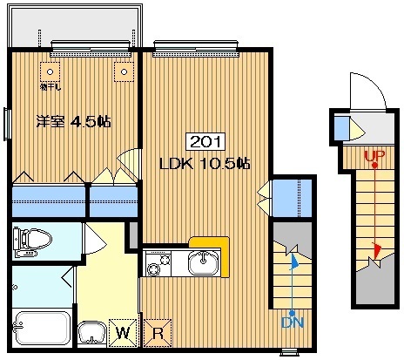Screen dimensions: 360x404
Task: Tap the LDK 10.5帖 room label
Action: click(205, 163)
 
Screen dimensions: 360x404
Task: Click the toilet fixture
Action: click(34, 239)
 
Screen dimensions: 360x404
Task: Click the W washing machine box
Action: click(125, 331)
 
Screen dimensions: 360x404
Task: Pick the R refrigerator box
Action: click(158, 331)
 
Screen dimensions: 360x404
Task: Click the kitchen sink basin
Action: click(205, 260)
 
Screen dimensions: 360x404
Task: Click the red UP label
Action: click(374, 158)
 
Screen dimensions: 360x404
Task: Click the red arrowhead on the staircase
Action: click(375, 250)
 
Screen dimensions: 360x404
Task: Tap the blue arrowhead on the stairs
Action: click(293, 259)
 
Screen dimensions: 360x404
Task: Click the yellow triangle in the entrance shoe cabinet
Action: click(357, 130)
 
